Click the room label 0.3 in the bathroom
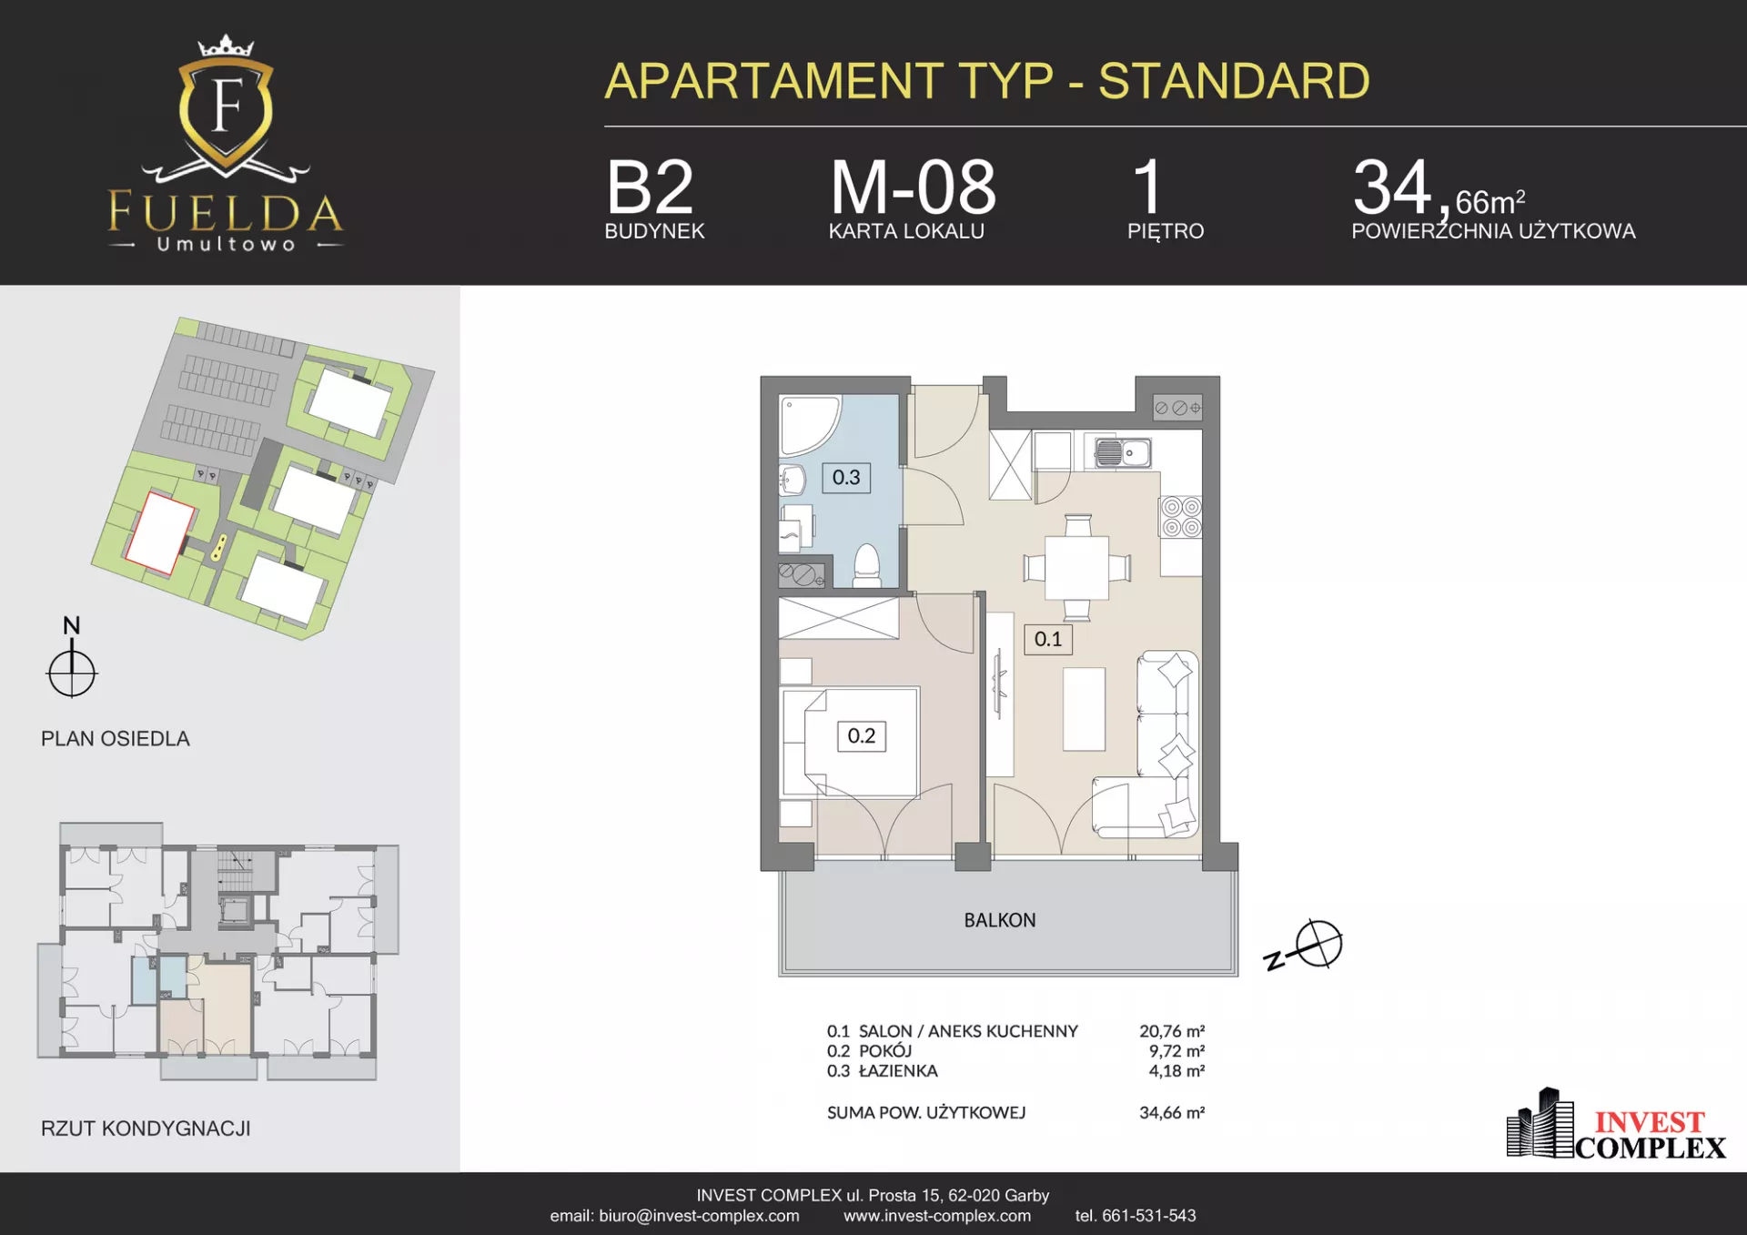(846, 478)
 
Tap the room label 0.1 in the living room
(1048, 639)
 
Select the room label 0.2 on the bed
(862, 735)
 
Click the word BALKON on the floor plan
(1000, 920)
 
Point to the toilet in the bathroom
(866, 565)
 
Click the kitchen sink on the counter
(1123, 452)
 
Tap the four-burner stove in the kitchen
(1181, 517)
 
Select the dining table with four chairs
(1077, 567)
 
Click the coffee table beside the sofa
(1085, 709)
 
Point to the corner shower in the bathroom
(808, 424)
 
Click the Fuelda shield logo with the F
(226, 109)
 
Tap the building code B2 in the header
(650, 187)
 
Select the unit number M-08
(913, 187)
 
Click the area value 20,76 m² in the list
(1172, 1031)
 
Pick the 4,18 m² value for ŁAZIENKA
(1176, 1071)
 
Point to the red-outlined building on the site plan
(160, 532)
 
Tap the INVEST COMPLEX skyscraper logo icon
(1540, 1123)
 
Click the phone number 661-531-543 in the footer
(1149, 1216)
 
